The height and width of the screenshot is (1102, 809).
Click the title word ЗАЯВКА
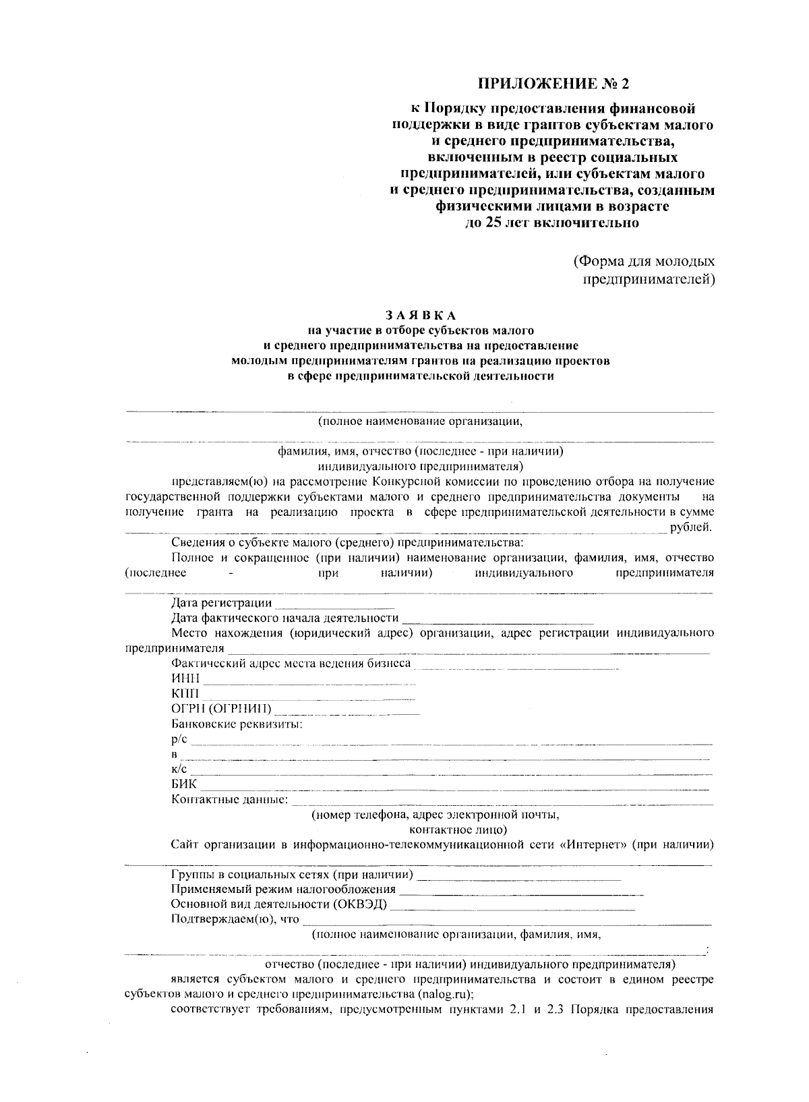tap(421, 315)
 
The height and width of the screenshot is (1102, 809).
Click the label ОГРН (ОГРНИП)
tap(221, 709)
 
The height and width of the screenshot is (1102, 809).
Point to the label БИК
tap(184, 784)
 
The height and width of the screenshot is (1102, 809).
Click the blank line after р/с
tap(450, 743)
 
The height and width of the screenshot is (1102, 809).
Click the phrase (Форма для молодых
tap(644, 261)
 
